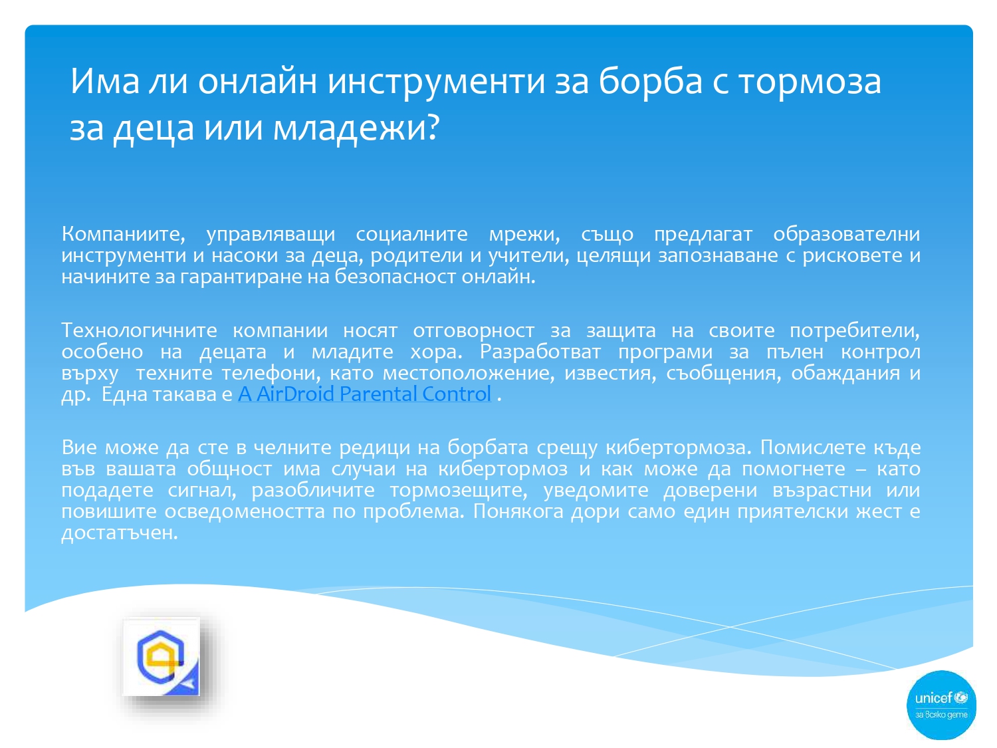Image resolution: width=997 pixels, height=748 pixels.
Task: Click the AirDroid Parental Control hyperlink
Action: click(364, 394)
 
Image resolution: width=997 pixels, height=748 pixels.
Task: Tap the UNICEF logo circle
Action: click(941, 705)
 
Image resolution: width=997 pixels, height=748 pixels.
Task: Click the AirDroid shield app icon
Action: click(162, 656)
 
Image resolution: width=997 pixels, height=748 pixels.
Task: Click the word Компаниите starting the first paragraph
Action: click(123, 234)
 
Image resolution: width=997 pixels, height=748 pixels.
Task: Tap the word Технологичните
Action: click(139, 330)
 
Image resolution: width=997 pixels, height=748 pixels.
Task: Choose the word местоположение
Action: click(469, 373)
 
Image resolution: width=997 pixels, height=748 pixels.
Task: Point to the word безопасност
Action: click(395, 277)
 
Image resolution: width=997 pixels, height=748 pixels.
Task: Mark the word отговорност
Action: click(473, 330)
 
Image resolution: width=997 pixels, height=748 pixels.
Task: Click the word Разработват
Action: click(540, 352)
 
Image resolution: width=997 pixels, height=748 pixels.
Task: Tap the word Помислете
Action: click(812, 447)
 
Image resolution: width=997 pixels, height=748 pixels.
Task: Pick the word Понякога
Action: click(518, 511)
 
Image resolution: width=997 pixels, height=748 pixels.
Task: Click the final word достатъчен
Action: click(120, 533)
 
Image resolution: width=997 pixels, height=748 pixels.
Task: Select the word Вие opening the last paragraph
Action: click(79, 447)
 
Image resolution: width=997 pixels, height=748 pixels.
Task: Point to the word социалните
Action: click(411, 234)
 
